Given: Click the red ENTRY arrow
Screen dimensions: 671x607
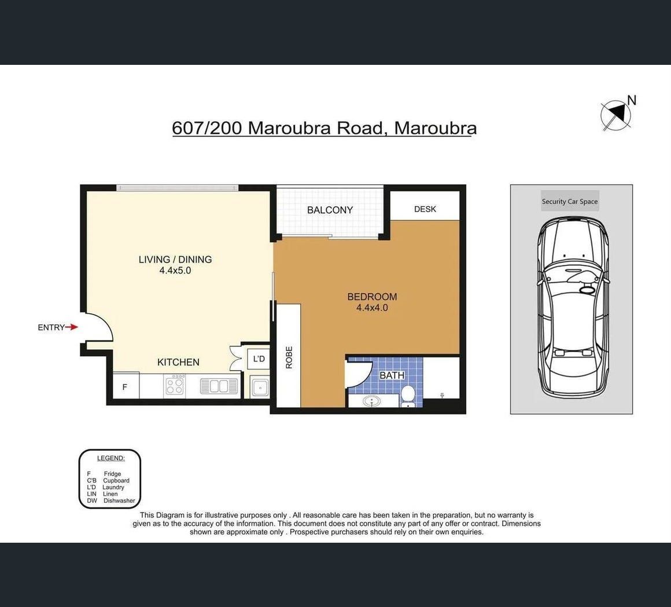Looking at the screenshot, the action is pos(72,327).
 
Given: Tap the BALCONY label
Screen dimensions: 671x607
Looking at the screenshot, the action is pos(330,210).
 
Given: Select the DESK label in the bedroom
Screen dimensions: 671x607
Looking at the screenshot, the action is pos(425,209).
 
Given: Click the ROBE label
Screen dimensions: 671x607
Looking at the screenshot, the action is pos(289,357).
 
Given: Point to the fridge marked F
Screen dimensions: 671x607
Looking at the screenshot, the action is pos(126,386).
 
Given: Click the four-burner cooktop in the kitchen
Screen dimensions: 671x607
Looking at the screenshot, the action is pos(175,384).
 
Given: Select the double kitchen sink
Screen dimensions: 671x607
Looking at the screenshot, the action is pos(219,386).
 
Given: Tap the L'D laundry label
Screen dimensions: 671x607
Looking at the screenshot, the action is pos(259,359).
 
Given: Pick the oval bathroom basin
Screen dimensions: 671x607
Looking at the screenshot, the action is pos(373,401).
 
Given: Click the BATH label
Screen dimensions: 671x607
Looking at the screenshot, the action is pos(392,375).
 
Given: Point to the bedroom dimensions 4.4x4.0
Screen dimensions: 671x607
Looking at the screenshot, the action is pos(373,308).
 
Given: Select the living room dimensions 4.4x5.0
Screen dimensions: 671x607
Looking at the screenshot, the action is pos(175,270).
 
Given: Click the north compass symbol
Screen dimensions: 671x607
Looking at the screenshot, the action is pos(616,115).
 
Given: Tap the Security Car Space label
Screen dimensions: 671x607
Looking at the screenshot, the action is pos(570,202).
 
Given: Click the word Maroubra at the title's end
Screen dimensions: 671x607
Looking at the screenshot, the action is pos(435,128).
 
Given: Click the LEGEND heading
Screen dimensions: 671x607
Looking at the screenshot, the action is pos(111,458).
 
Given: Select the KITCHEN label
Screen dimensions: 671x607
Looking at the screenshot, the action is pos(178,363).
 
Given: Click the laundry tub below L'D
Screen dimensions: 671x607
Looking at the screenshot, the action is pos(259,387).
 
